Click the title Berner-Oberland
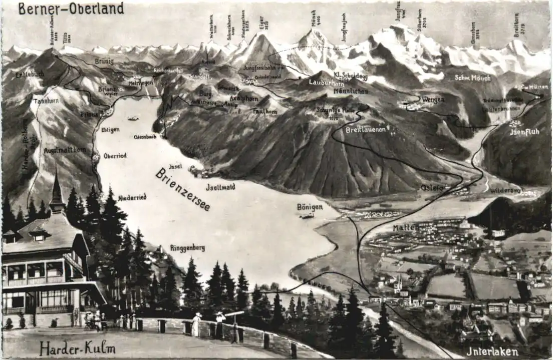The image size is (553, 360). click(x=71, y=9)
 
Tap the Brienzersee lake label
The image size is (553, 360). click(x=182, y=189)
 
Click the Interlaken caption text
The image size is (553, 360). click(x=492, y=351)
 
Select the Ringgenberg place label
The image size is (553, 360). click(x=187, y=248)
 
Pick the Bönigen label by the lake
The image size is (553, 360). click(x=310, y=207)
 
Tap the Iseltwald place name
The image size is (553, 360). click(x=220, y=187)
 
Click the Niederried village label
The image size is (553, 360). click(x=132, y=197)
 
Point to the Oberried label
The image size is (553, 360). click(x=115, y=156)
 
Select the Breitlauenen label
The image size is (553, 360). click(x=366, y=130)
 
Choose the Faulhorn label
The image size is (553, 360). click(x=265, y=111)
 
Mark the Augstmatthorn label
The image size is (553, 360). click(x=65, y=150)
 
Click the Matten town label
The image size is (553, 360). click(x=405, y=227)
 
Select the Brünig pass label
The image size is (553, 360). click(x=104, y=61)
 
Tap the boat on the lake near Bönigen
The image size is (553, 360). click(x=307, y=216)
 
